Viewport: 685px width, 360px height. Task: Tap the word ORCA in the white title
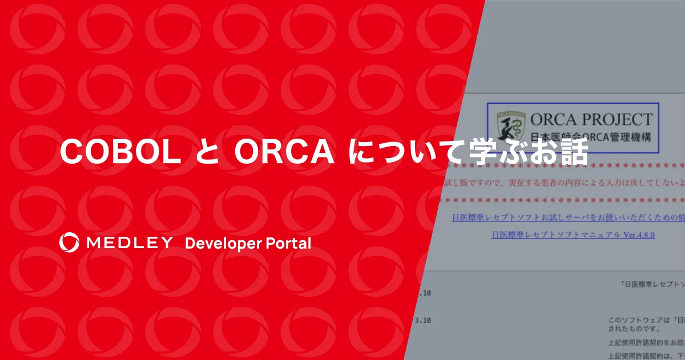[x=284, y=152]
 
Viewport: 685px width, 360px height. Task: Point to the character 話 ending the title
[x=573, y=152]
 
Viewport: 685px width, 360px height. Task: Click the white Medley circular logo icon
[x=68, y=242]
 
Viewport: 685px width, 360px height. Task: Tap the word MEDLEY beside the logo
[x=129, y=243]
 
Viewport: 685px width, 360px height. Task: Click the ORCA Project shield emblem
[x=508, y=127]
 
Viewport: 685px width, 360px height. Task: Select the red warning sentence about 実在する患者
[x=562, y=183]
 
